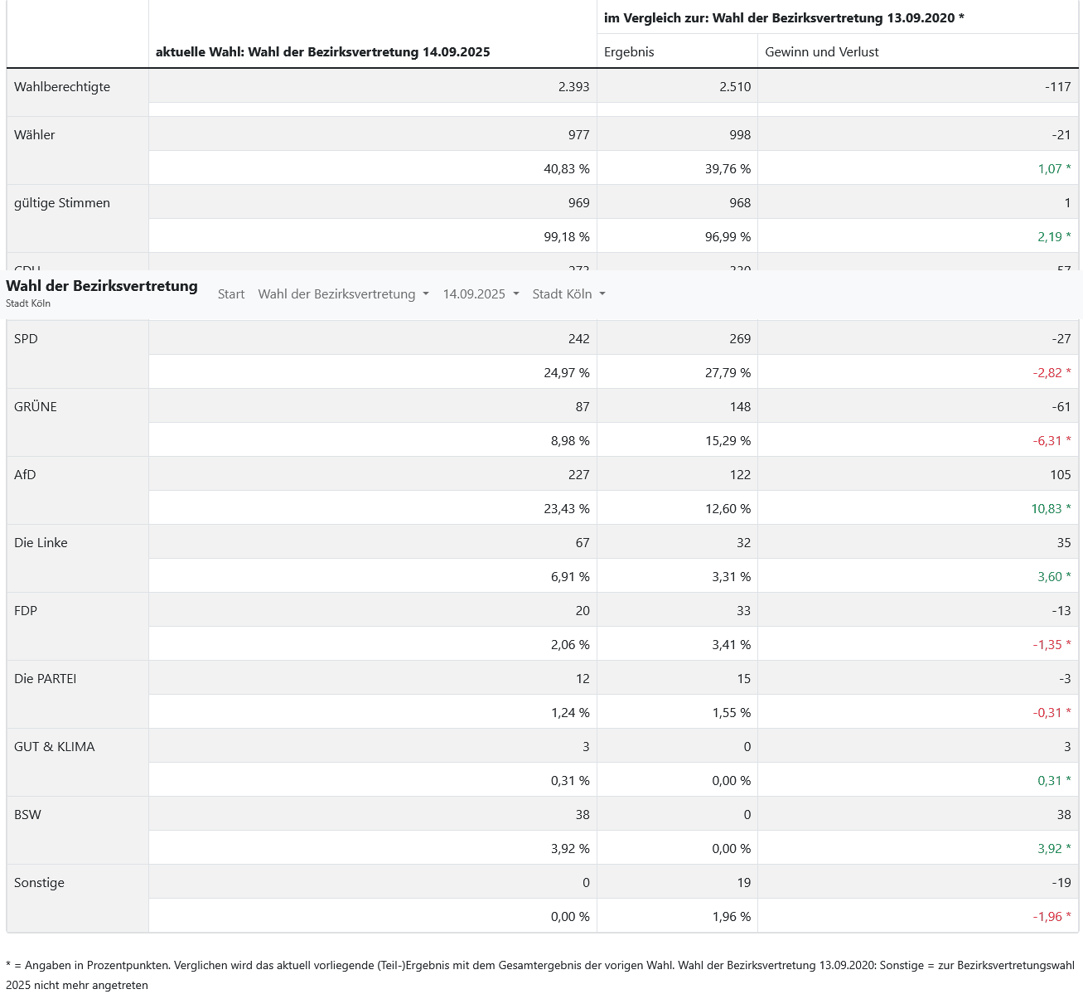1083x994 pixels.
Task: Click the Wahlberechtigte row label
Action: click(x=62, y=87)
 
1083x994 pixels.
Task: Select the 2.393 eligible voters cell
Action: click(x=573, y=87)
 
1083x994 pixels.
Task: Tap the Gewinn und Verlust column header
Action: click(x=821, y=51)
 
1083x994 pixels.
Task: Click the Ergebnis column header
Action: click(x=629, y=51)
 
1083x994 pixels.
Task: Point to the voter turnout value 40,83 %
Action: click(x=567, y=169)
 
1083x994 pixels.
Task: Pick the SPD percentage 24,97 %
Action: click(x=567, y=373)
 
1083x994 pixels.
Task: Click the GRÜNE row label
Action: click(x=36, y=407)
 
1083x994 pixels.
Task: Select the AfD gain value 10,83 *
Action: click(x=1051, y=509)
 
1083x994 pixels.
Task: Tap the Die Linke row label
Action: click(x=41, y=543)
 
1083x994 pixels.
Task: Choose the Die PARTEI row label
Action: click(x=45, y=679)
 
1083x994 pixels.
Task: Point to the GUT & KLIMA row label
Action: click(x=55, y=747)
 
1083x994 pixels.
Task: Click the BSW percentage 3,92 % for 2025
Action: click(x=570, y=849)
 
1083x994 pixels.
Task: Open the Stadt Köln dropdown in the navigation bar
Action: click(x=568, y=294)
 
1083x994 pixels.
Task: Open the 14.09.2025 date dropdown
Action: click(x=481, y=294)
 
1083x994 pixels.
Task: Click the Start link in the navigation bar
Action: click(x=231, y=294)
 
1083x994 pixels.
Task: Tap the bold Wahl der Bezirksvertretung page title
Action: click(x=102, y=286)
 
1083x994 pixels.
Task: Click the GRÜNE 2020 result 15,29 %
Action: click(x=728, y=441)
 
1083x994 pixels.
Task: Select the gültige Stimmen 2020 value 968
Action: click(x=740, y=203)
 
